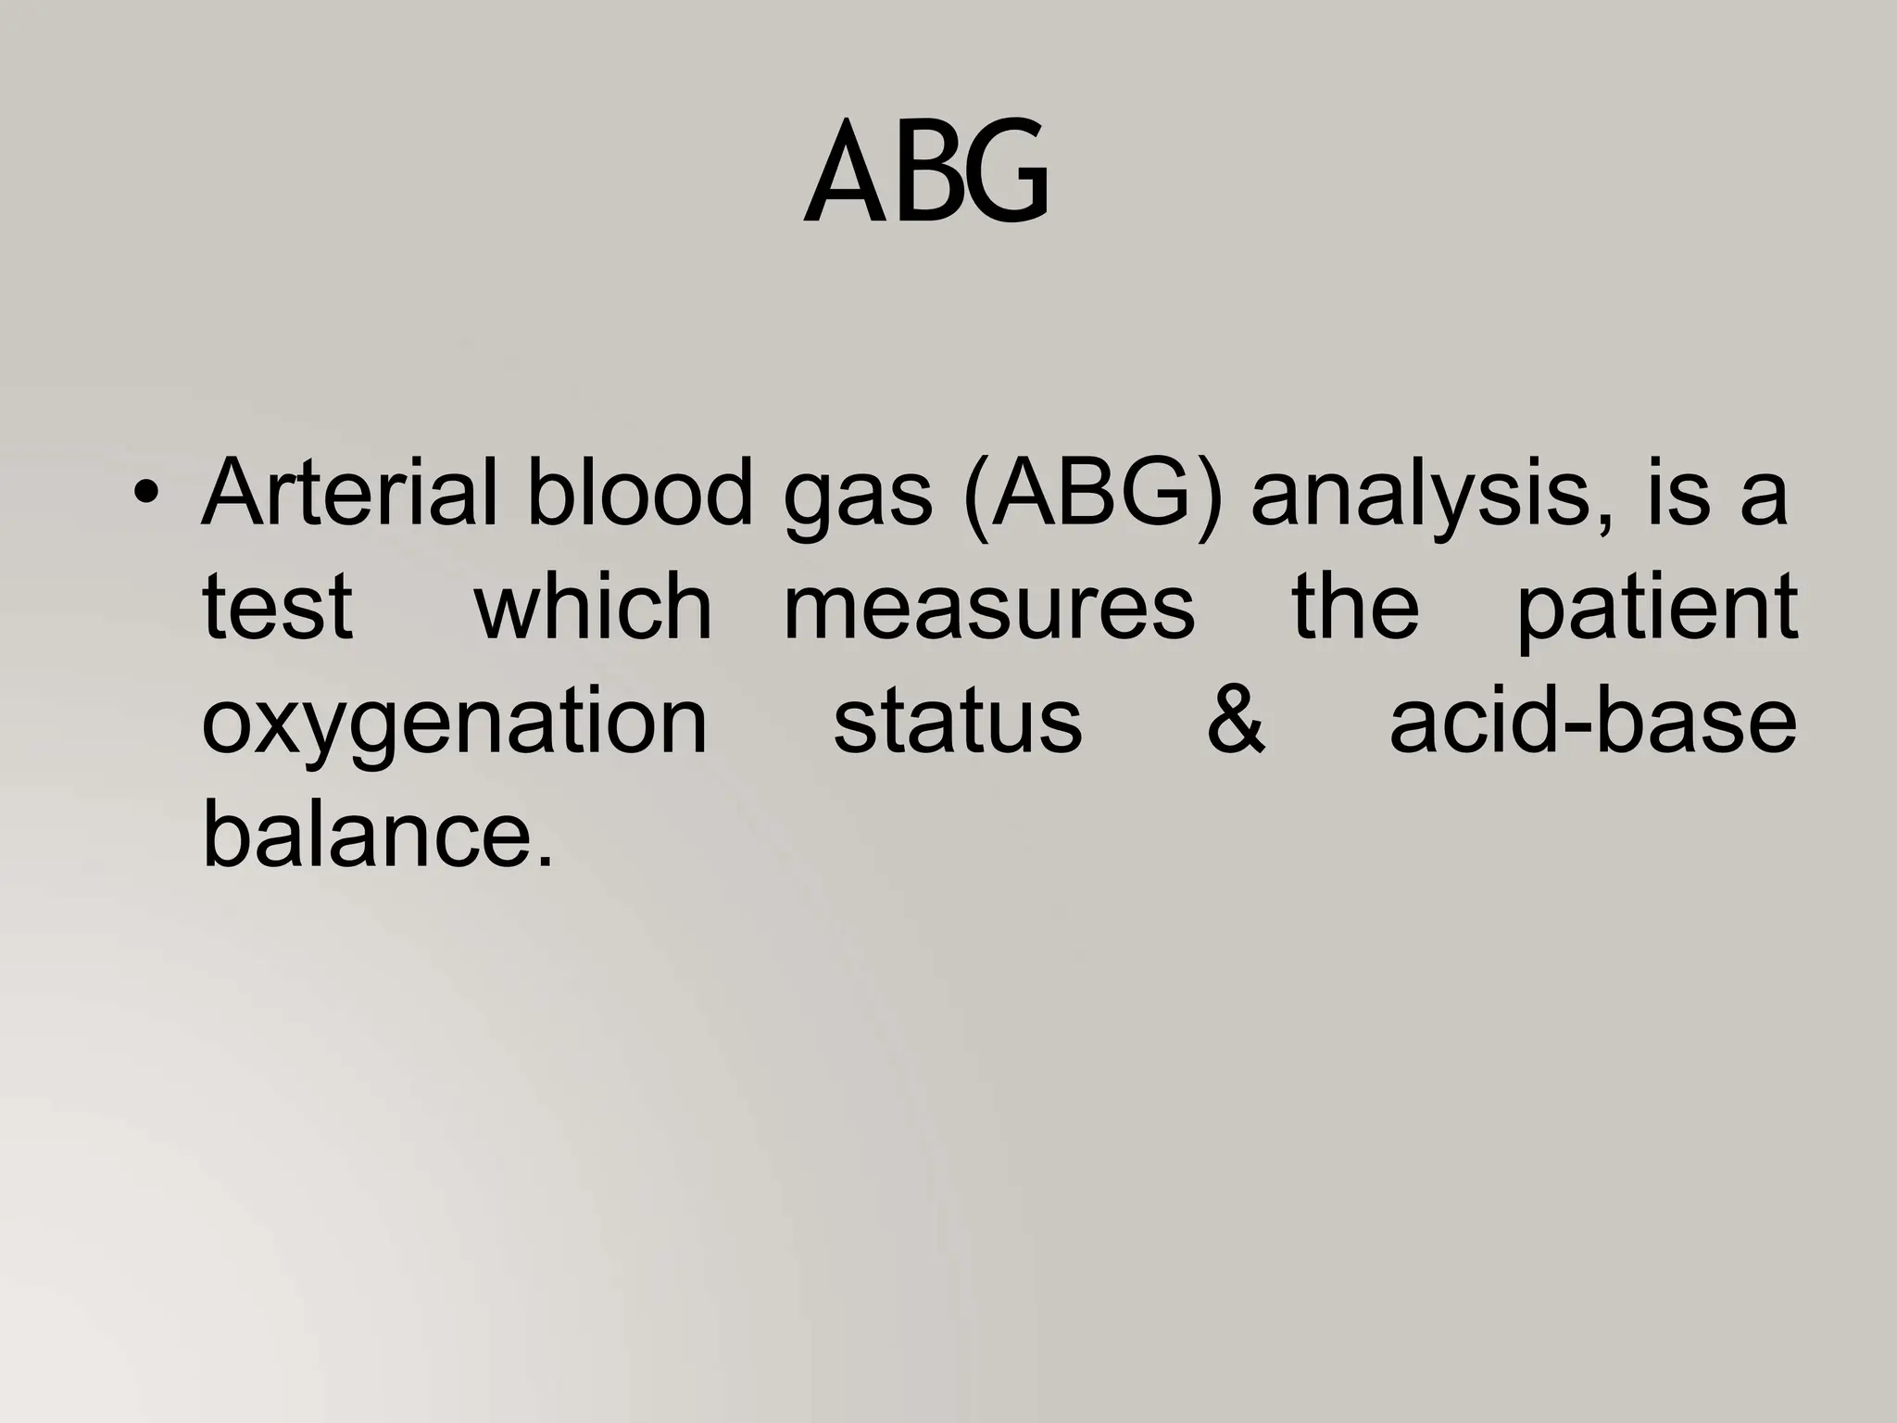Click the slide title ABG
point(926,173)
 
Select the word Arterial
point(351,493)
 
